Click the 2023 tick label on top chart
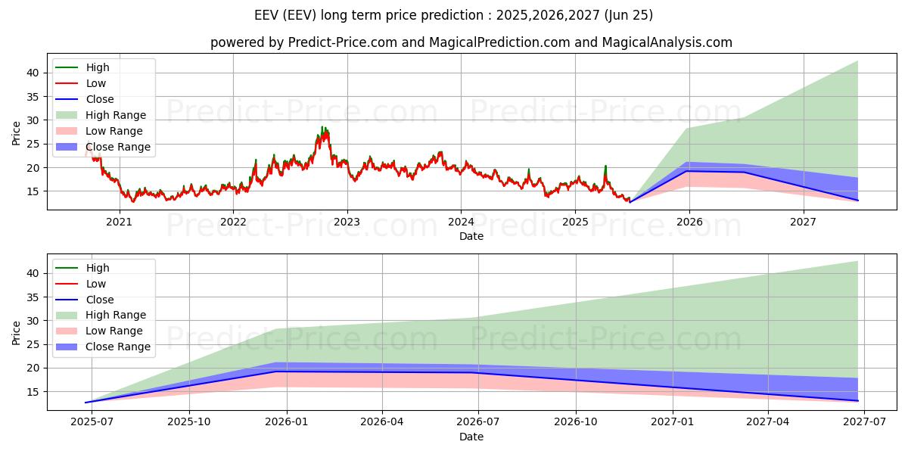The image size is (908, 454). (347, 222)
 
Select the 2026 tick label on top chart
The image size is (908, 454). (689, 222)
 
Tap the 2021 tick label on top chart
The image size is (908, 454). (119, 222)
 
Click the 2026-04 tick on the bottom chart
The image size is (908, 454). (382, 422)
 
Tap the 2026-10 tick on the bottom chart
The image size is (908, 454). (576, 422)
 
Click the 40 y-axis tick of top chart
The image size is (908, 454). (33, 73)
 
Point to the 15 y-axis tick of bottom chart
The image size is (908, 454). (33, 392)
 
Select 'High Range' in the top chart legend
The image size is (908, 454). (116, 115)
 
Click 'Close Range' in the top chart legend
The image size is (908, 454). (118, 147)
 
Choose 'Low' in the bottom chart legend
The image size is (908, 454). (96, 284)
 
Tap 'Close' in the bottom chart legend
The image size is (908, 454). (100, 300)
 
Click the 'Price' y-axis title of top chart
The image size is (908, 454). (17, 132)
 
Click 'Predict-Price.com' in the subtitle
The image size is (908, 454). (342, 42)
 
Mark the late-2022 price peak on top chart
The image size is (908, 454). (322, 128)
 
